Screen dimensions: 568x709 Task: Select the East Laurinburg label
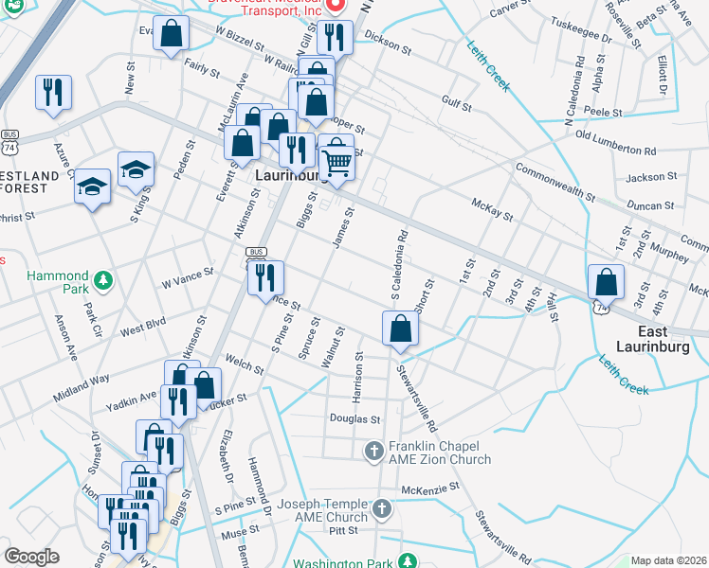click(x=651, y=340)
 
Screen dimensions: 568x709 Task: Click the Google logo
click(x=32, y=557)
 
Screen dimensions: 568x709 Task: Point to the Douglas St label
click(x=354, y=418)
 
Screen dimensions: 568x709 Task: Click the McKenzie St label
click(x=429, y=488)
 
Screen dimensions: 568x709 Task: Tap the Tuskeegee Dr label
click(x=580, y=29)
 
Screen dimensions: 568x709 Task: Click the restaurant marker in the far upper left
click(x=52, y=93)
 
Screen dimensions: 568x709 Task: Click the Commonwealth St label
click(x=554, y=184)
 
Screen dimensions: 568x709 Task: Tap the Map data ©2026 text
click(x=668, y=560)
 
